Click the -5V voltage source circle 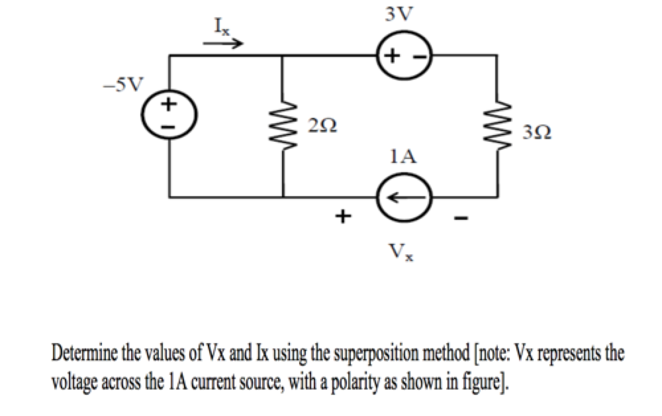tap(169, 115)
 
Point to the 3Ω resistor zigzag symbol tap(498, 127)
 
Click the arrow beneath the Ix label tap(223, 44)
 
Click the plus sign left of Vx tap(342, 216)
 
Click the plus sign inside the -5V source tap(169, 104)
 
